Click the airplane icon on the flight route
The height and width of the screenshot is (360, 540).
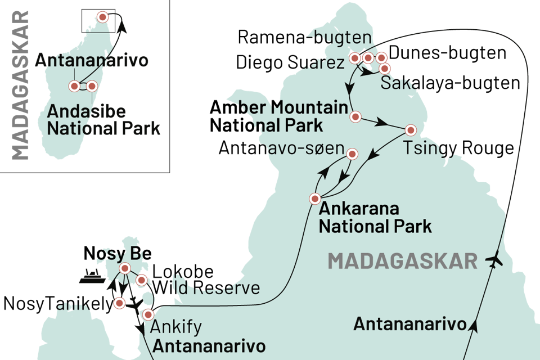(x=495, y=261)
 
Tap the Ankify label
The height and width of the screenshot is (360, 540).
(x=175, y=327)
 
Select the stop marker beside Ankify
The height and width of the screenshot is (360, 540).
(x=148, y=314)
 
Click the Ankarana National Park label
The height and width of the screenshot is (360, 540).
(x=375, y=218)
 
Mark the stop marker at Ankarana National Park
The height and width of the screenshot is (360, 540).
(x=315, y=199)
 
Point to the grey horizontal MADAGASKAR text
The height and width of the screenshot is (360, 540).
(x=403, y=261)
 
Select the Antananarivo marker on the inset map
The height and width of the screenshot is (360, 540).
(x=74, y=86)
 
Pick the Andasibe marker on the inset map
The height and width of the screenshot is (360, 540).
(x=92, y=86)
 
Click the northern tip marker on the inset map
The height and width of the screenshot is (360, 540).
(x=102, y=17)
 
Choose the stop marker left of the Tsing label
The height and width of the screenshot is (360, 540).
(x=411, y=130)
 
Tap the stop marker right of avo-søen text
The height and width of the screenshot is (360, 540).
(x=352, y=154)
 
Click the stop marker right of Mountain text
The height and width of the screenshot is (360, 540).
(x=355, y=117)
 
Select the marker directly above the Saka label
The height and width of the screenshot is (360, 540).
(x=385, y=69)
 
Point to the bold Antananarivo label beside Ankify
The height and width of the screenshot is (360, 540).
(x=209, y=345)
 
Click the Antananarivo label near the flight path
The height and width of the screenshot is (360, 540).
(x=409, y=324)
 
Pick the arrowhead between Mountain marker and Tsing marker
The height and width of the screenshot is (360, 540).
(x=382, y=123)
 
